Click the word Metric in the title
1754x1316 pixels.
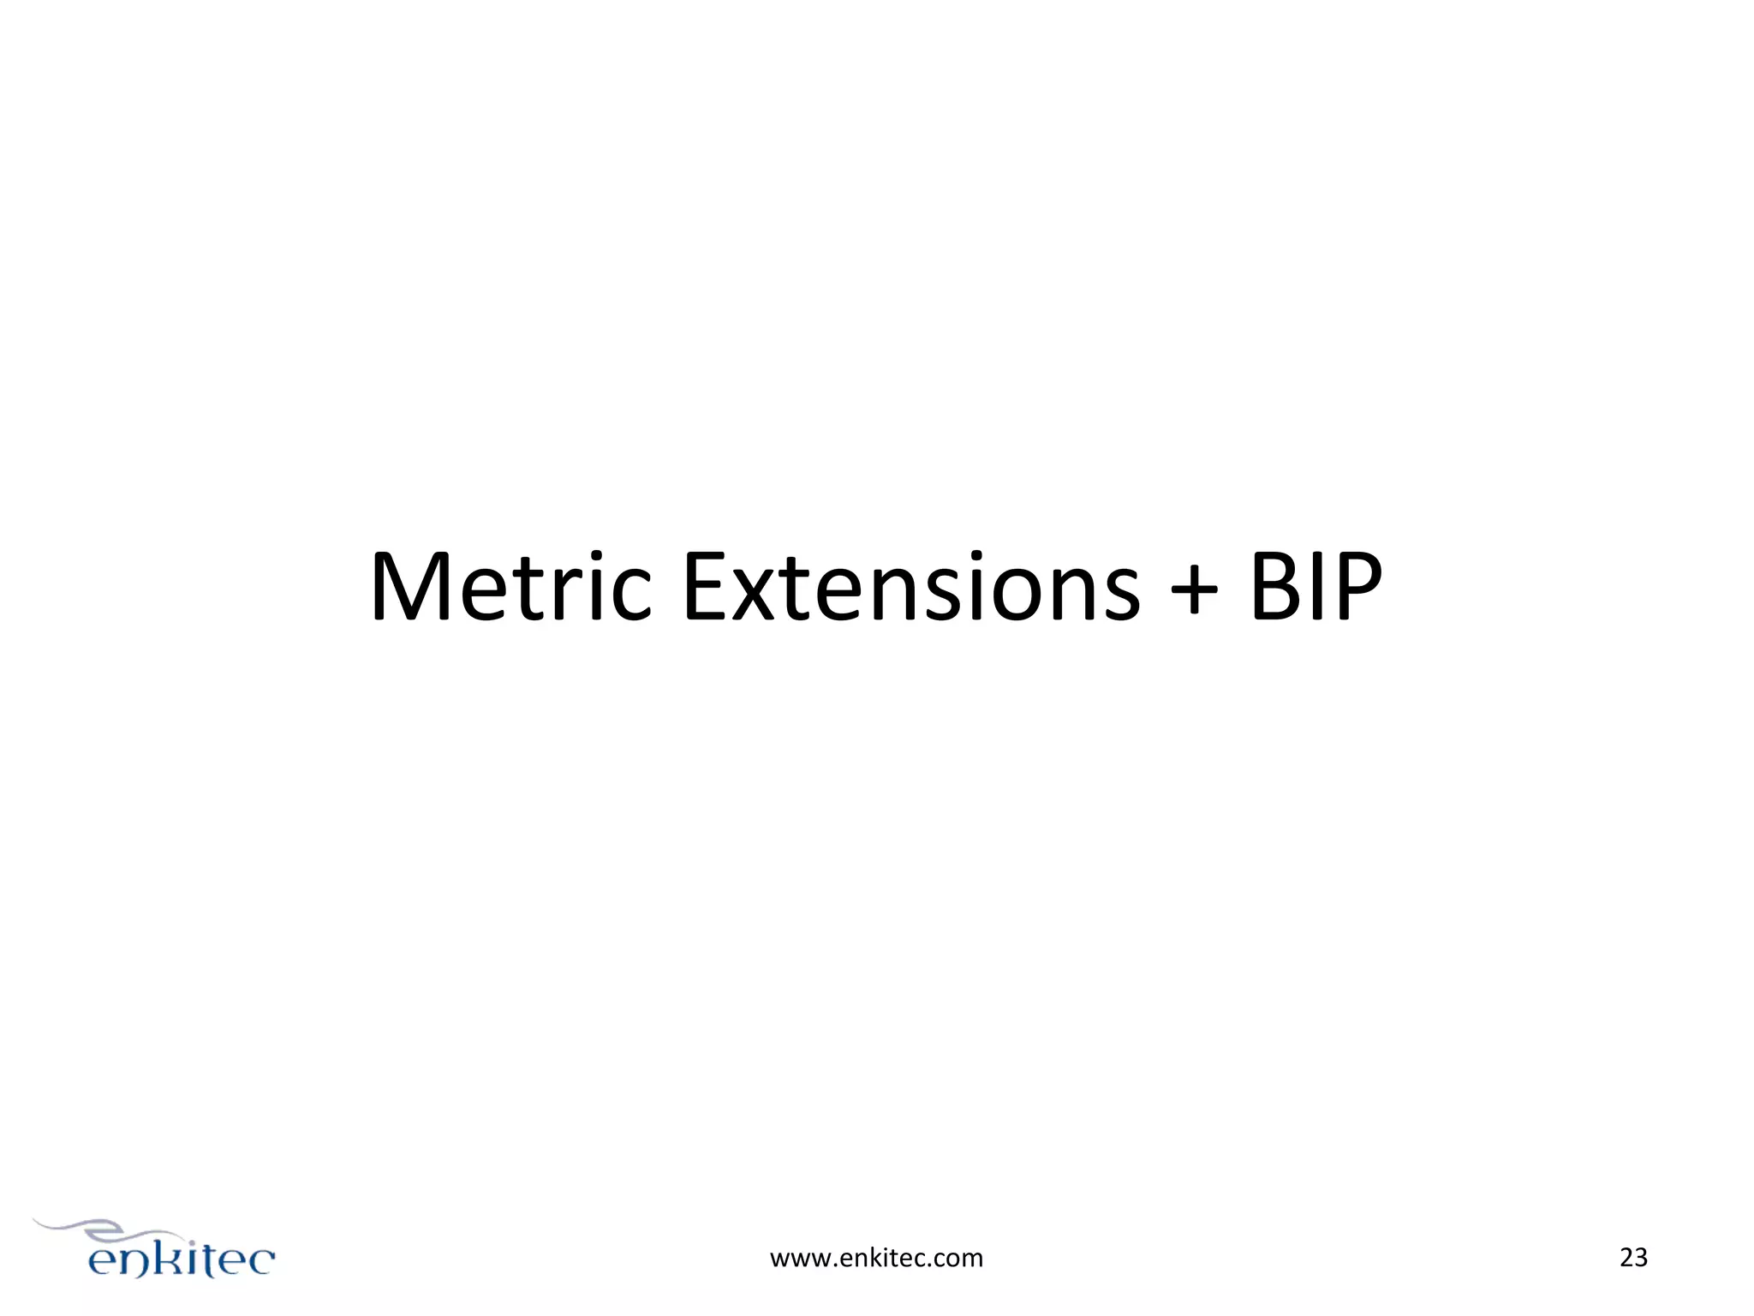pos(510,588)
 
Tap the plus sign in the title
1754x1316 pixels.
pos(1193,590)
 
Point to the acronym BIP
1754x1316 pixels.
pos(1315,588)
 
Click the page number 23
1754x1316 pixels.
pos(1633,1258)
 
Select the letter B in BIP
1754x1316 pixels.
pos(1277,588)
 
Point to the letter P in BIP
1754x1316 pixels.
pos(1357,588)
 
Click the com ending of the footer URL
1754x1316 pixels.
pos(959,1259)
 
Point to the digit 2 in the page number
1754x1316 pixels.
pos(1626,1258)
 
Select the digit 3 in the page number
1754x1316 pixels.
pos(1641,1258)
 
